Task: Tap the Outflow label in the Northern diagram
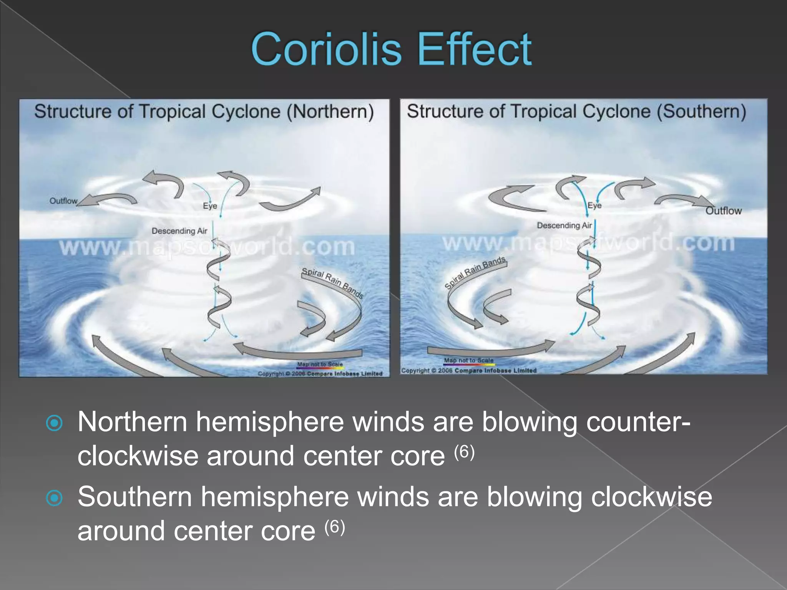tap(63, 201)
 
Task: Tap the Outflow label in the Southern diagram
tap(723, 211)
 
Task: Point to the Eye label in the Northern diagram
tap(210, 206)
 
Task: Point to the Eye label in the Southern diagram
tap(594, 206)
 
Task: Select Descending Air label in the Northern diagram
tap(179, 231)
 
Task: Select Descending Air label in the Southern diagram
tap(564, 225)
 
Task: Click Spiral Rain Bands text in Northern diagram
tap(332, 283)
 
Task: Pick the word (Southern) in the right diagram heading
tap(701, 111)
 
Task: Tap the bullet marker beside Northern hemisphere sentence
tap(54, 423)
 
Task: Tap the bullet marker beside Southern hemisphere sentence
tap(54, 498)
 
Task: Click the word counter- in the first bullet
tap(638, 422)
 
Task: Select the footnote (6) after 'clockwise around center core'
tap(464, 452)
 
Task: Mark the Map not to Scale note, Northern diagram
tap(320, 364)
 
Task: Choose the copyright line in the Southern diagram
tap(469, 371)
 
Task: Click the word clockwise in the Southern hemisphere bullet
tap(651, 497)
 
